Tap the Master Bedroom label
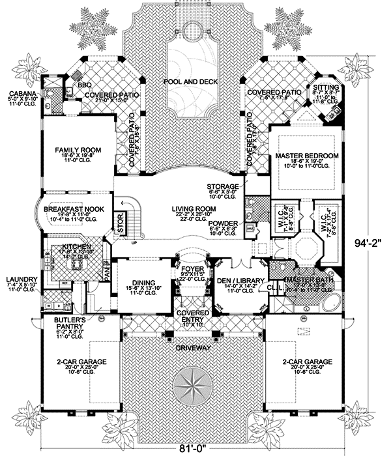[306, 157]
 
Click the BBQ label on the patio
[83, 85]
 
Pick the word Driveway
[194, 349]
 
